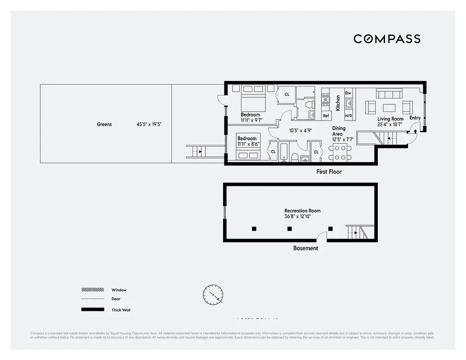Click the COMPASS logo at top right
pos(387,39)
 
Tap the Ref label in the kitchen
pos(326,116)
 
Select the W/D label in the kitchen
pos(348,116)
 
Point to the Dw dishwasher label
pos(348,93)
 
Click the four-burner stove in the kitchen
pos(326,99)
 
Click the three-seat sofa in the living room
pos(389,94)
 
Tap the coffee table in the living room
pos(389,108)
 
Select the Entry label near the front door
pos(415,118)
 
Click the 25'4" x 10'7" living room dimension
pos(390,125)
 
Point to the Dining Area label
pos(339,131)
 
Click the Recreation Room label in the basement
pos(302,211)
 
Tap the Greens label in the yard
pos(104,124)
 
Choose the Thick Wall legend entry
pos(121,310)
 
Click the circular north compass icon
pos(213,295)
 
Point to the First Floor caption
pos(329,172)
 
